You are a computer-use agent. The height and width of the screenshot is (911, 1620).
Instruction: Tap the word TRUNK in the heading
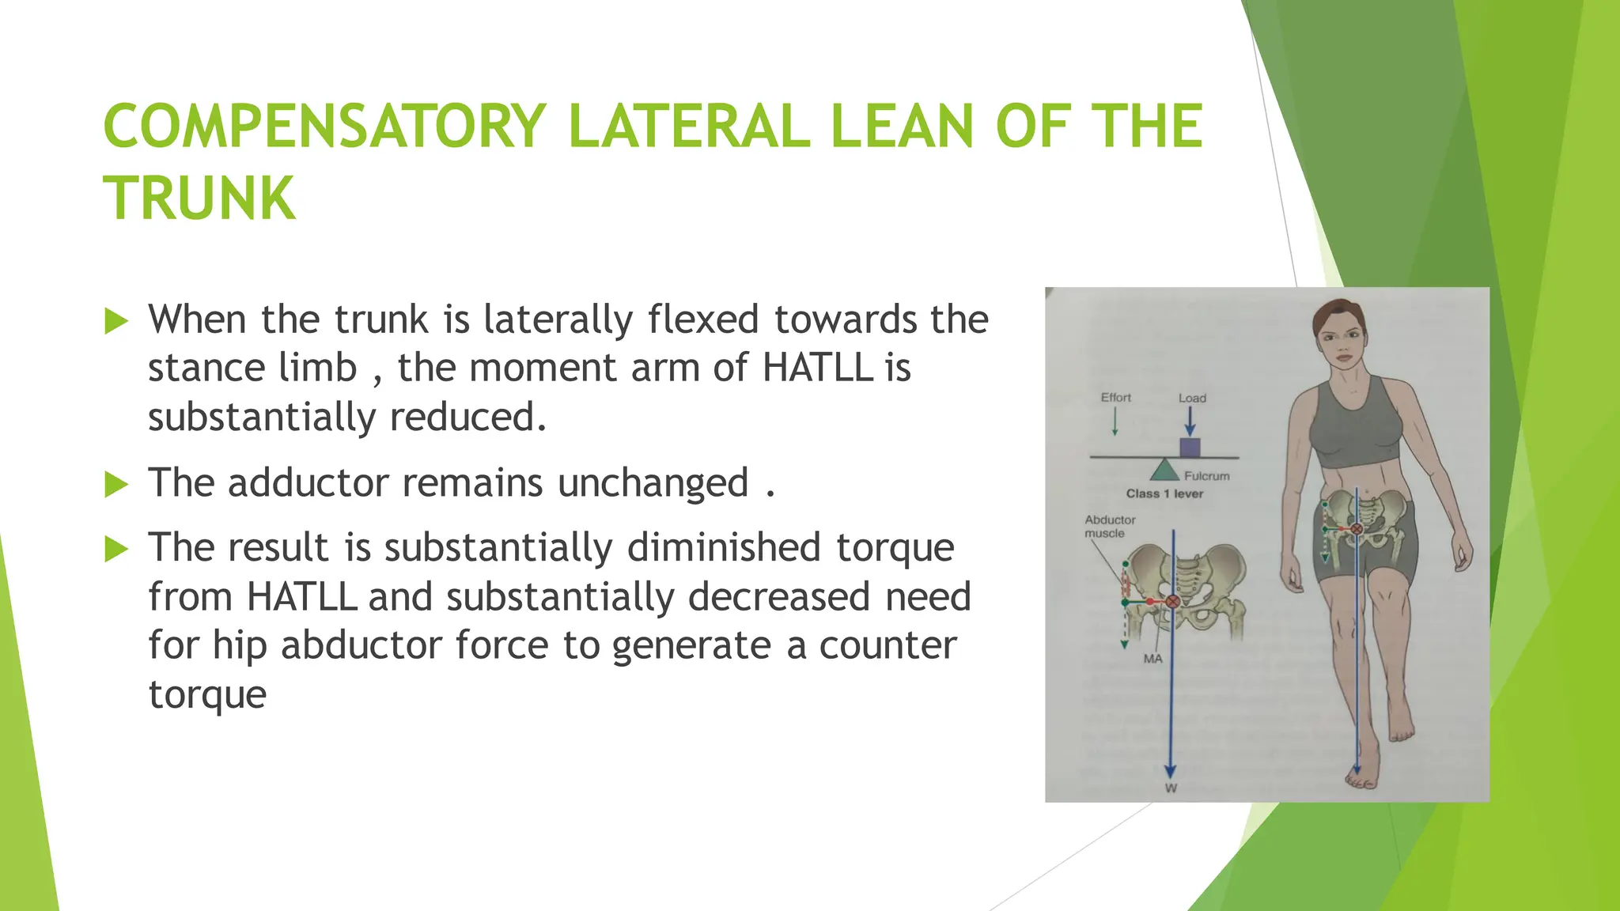click(x=199, y=198)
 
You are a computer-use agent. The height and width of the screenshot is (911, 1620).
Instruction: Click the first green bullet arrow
click(x=116, y=322)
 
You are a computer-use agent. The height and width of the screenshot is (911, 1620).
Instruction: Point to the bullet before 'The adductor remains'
click(x=116, y=484)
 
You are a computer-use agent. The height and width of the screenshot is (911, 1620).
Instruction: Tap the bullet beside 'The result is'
click(x=116, y=549)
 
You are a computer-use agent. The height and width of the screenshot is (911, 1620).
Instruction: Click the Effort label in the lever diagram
click(x=1115, y=398)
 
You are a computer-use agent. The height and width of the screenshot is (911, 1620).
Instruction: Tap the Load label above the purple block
click(x=1192, y=399)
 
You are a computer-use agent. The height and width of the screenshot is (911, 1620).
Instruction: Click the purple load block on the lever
click(x=1190, y=448)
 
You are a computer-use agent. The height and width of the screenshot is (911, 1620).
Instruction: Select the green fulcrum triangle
click(x=1164, y=471)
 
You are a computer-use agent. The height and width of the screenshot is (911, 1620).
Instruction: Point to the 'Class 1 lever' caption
click(x=1164, y=494)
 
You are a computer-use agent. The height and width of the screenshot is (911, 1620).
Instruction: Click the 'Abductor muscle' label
click(x=1109, y=527)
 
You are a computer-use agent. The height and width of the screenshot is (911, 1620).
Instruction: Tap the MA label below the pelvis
click(x=1153, y=659)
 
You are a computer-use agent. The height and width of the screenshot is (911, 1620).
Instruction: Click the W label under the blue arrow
click(x=1171, y=788)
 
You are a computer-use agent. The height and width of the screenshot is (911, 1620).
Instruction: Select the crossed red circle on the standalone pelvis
click(x=1173, y=602)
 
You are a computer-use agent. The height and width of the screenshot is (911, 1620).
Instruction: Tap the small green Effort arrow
click(x=1115, y=423)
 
